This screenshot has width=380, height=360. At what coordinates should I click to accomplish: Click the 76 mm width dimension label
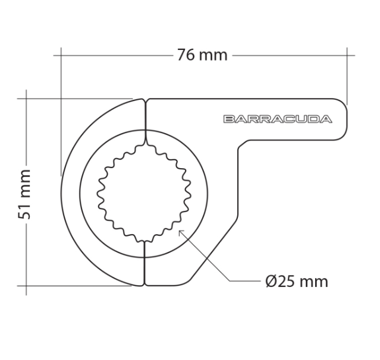click(x=202, y=55)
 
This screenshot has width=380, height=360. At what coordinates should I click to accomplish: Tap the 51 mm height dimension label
click(x=24, y=194)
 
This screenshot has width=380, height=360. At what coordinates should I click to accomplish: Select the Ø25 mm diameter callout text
click(x=297, y=281)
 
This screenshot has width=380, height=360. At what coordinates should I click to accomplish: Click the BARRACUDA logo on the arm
click(x=277, y=119)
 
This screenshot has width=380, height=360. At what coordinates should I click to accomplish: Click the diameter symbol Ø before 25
click(x=271, y=281)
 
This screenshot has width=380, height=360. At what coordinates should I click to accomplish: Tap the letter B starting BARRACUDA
click(x=229, y=119)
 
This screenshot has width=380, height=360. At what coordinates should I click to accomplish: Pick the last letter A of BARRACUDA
click(x=326, y=119)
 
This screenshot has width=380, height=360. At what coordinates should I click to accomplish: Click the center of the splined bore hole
click(x=144, y=193)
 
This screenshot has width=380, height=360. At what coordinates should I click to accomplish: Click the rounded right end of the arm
click(x=341, y=119)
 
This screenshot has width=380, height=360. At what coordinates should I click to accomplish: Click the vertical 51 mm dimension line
click(x=27, y=250)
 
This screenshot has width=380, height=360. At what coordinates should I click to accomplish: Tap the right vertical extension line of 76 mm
click(x=347, y=77)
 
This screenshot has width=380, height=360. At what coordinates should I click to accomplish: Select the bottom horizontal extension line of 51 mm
click(x=77, y=286)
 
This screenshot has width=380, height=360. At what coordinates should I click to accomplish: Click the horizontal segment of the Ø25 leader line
click(x=244, y=280)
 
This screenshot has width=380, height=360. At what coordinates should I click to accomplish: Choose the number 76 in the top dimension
click(x=186, y=55)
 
